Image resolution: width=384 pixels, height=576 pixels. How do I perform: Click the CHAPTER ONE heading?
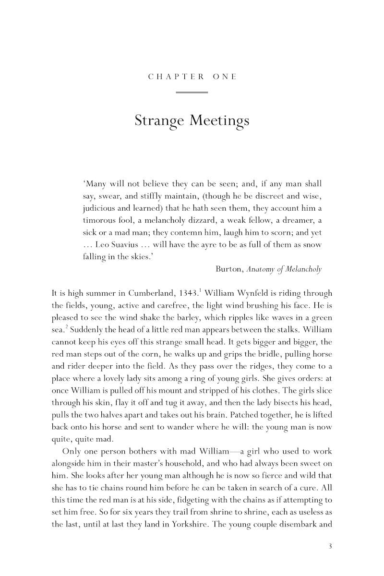pos(192,77)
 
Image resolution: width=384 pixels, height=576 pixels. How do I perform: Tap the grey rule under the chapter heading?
pos(192,92)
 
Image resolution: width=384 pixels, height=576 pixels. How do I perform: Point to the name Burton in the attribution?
pos(229,269)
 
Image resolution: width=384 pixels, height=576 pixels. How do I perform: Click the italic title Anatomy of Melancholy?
pos(284,269)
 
